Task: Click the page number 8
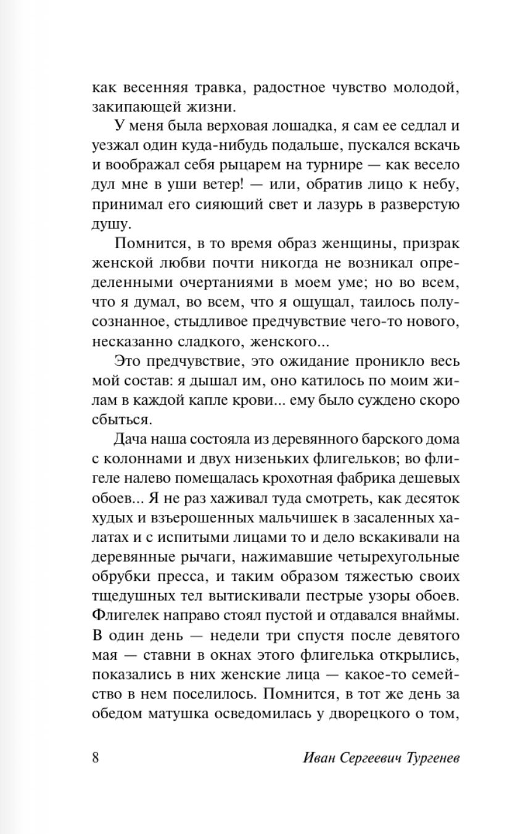click(96, 757)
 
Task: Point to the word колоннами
click(141, 460)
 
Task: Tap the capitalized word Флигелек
click(123, 616)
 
